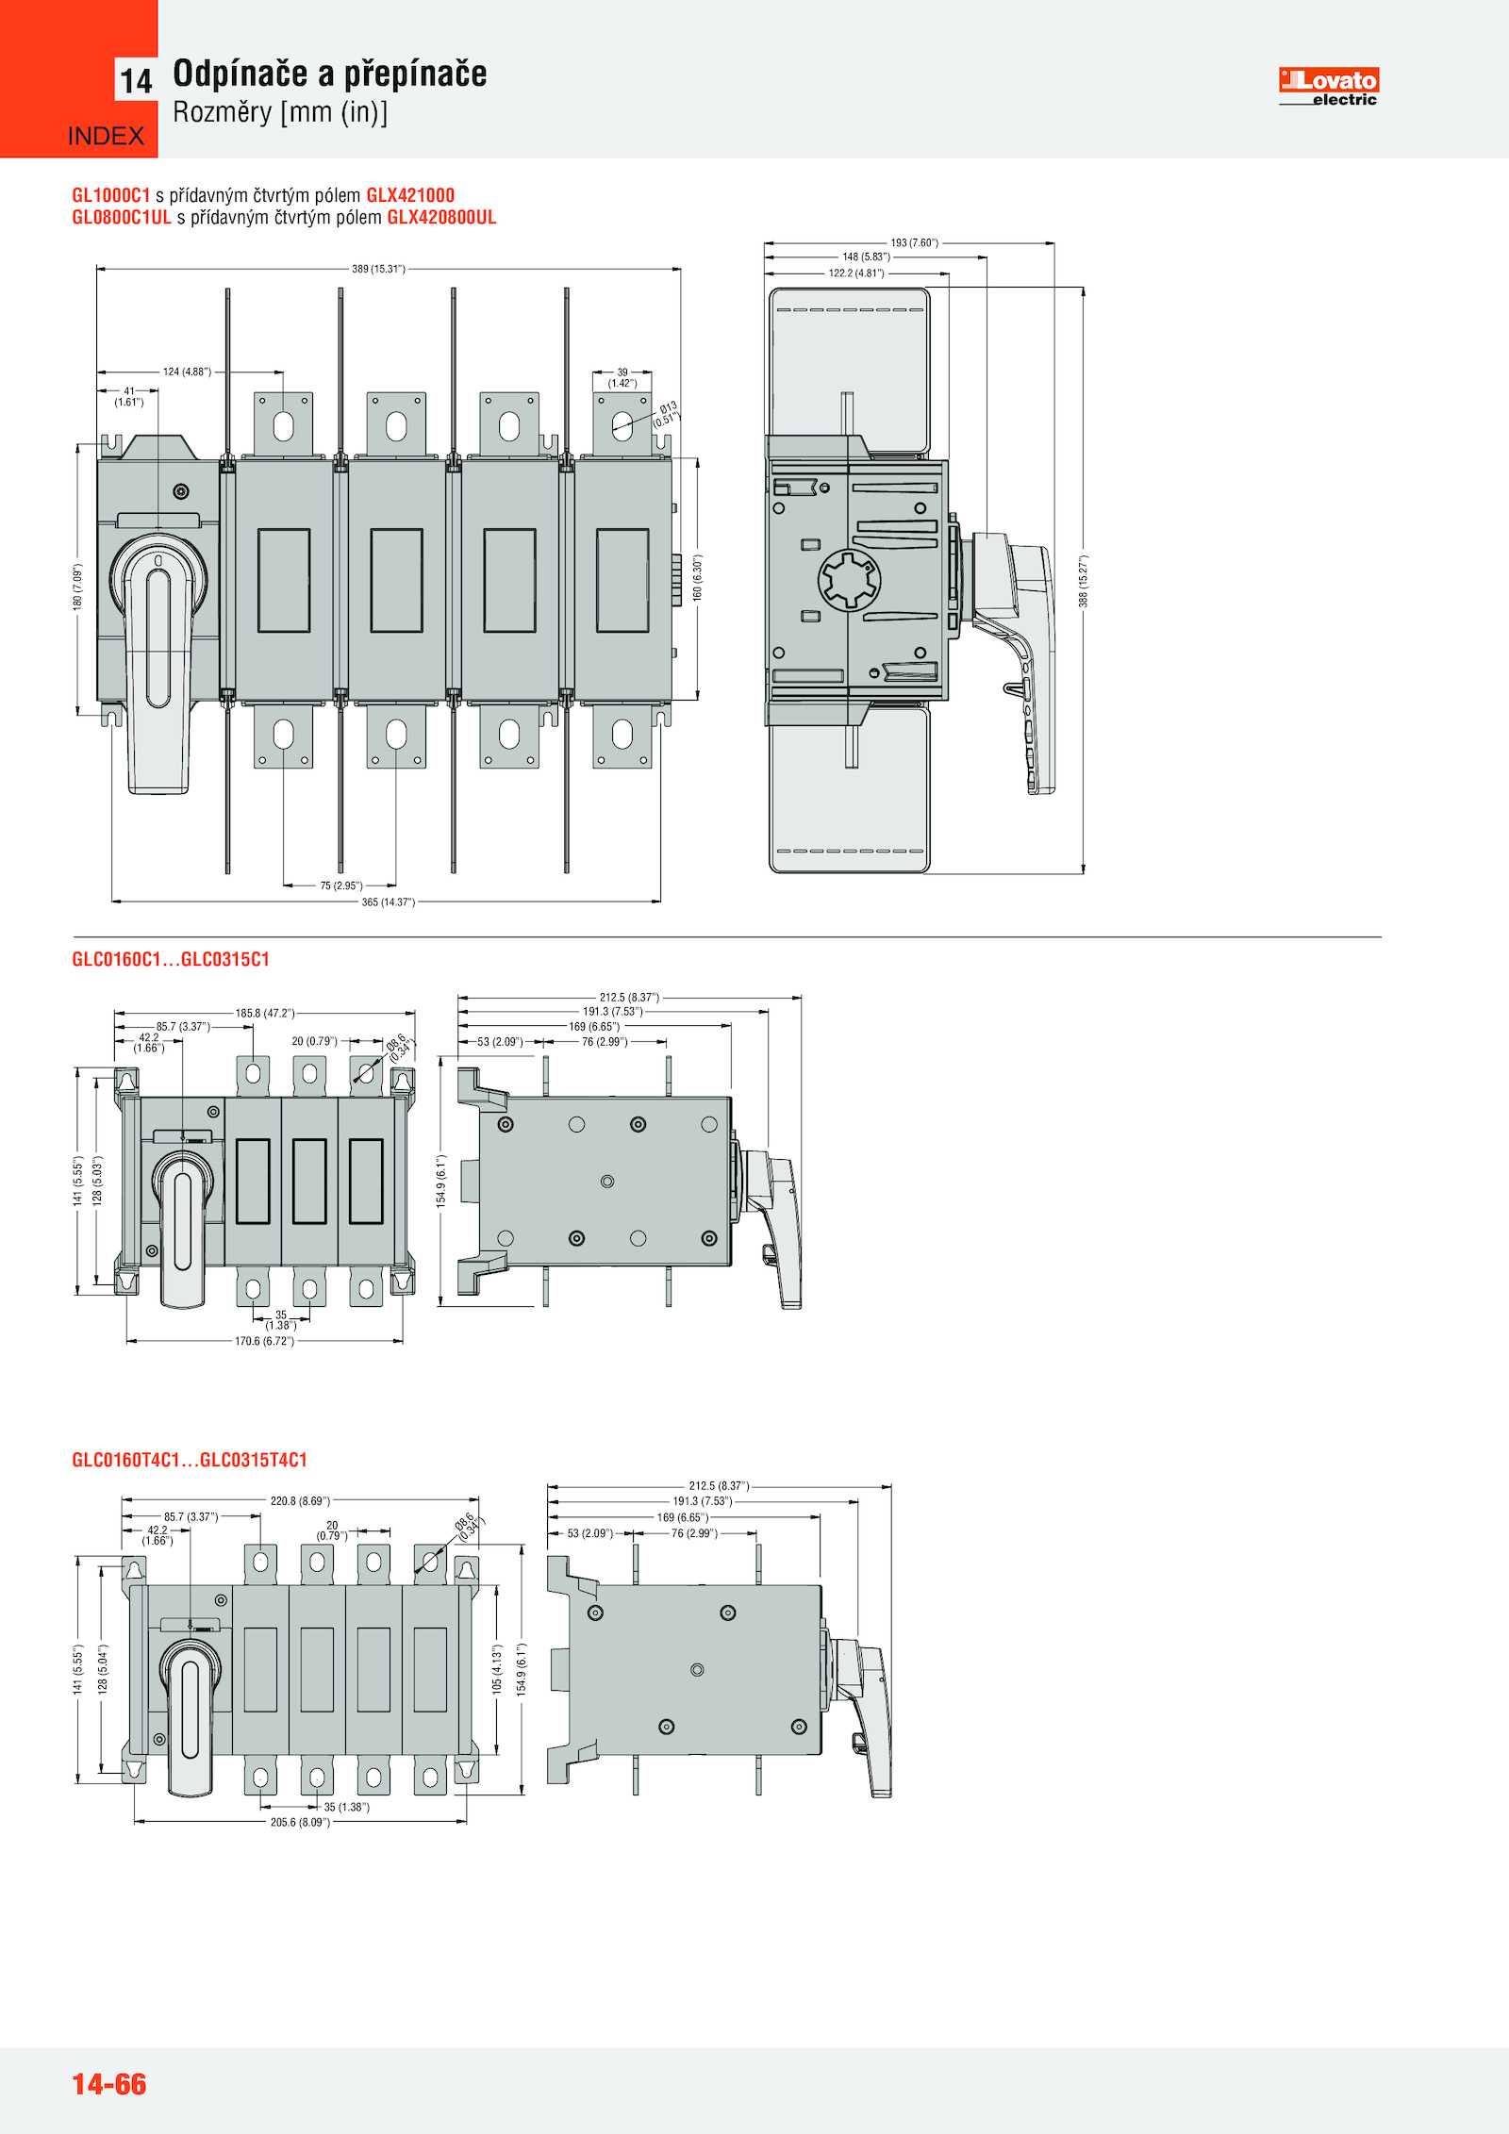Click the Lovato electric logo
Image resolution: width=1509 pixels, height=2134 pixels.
tap(1328, 86)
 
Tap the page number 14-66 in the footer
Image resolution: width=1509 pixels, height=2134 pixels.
tap(109, 2083)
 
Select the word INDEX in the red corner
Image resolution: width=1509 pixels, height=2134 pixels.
tap(106, 136)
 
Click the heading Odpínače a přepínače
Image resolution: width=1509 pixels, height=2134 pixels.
tap(329, 74)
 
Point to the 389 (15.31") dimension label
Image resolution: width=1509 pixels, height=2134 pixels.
tap(378, 269)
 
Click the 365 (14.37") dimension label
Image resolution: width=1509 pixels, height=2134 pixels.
tap(388, 902)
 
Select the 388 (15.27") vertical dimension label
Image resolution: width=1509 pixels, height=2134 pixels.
tap(1083, 580)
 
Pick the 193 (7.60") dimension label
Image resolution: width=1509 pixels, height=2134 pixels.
tap(914, 242)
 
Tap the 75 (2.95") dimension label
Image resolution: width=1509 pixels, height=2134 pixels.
tap(340, 885)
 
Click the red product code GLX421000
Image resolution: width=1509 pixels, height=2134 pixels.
tap(410, 195)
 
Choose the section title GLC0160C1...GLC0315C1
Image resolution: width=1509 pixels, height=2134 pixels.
tap(171, 959)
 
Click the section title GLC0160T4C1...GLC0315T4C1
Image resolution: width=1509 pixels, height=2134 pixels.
tap(190, 1460)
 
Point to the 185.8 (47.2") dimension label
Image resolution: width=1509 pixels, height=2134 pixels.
tap(264, 1013)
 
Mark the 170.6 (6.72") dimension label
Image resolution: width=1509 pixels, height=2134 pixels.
tap(264, 1341)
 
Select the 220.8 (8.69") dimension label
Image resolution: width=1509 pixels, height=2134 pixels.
tap(300, 1500)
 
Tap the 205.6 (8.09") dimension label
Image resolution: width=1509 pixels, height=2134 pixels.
tap(300, 1822)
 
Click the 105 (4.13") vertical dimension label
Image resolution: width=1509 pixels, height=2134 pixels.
tap(497, 1668)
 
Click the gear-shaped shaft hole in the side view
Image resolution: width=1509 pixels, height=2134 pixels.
tap(849, 580)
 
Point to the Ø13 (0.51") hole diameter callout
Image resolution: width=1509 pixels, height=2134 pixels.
tap(667, 413)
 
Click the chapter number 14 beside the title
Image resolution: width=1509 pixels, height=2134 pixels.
tap(136, 81)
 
